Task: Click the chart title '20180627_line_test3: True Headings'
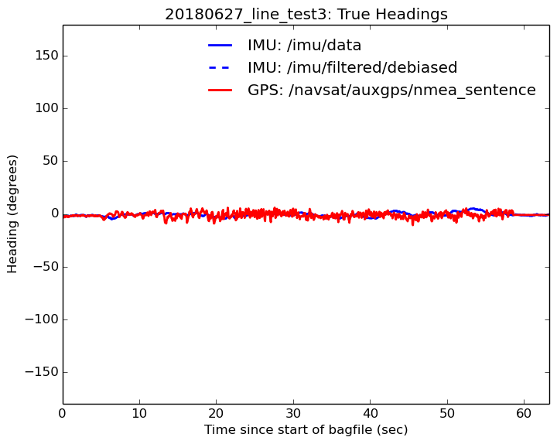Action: pyautogui.click(x=306, y=14)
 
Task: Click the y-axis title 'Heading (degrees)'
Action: pyautogui.click(x=12, y=213)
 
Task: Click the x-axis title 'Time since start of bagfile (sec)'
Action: pyautogui.click(x=306, y=429)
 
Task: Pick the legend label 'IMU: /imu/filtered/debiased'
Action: pyautogui.click(x=352, y=67)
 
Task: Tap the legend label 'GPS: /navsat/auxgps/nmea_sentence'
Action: pyautogui.click(x=391, y=90)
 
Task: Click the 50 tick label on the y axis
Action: pyautogui.click(x=48, y=161)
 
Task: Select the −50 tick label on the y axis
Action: pyautogui.click(x=44, y=267)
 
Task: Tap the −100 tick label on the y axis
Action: pyautogui.click(x=41, y=319)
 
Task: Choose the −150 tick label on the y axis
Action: pyautogui.click(x=41, y=372)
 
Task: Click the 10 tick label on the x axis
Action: pyautogui.click(x=139, y=412)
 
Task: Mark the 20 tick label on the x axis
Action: pyautogui.click(x=216, y=412)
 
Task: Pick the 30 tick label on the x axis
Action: pyautogui.click(x=293, y=412)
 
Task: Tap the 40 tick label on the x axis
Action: pyautogui.click(x=370, y=412)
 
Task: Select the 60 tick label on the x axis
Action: pyautogui.click(x=524, y=412)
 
